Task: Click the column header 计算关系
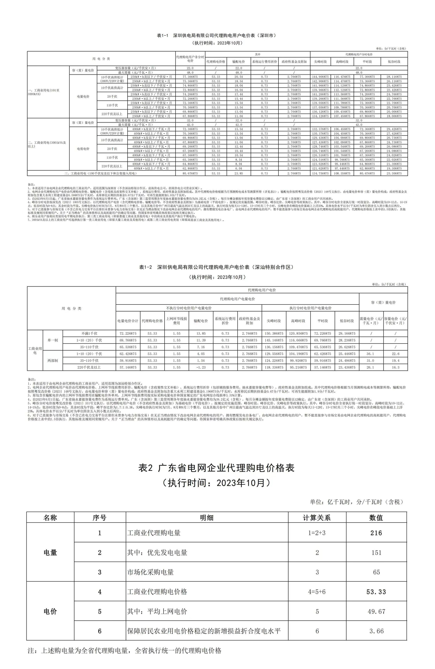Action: coord(317,518)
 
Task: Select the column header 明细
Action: coord(207,518)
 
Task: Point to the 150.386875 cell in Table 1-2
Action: coord(274,333)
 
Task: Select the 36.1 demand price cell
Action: coord(371,354)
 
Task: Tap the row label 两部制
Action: coord(53,361)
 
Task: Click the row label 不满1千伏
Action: coord(89,333)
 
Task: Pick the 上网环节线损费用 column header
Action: coord(177,321)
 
